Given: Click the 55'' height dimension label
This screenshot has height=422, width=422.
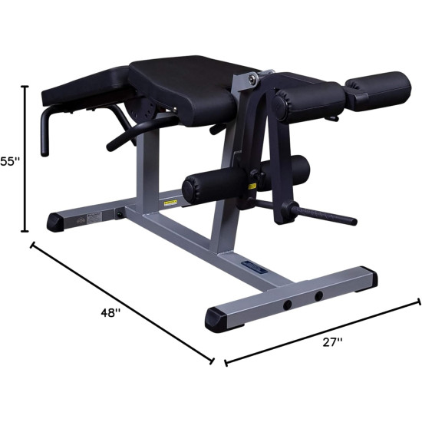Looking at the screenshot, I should coord(8,161).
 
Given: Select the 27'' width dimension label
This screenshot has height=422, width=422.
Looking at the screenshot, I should coord(331,345).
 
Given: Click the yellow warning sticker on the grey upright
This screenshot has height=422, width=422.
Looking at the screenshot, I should coord(171,203).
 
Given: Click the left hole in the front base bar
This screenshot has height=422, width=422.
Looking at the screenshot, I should coord(287,305).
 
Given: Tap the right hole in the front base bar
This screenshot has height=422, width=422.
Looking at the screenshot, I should coord(318,295).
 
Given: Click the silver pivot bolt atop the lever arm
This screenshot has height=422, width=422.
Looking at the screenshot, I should coord(250,77).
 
